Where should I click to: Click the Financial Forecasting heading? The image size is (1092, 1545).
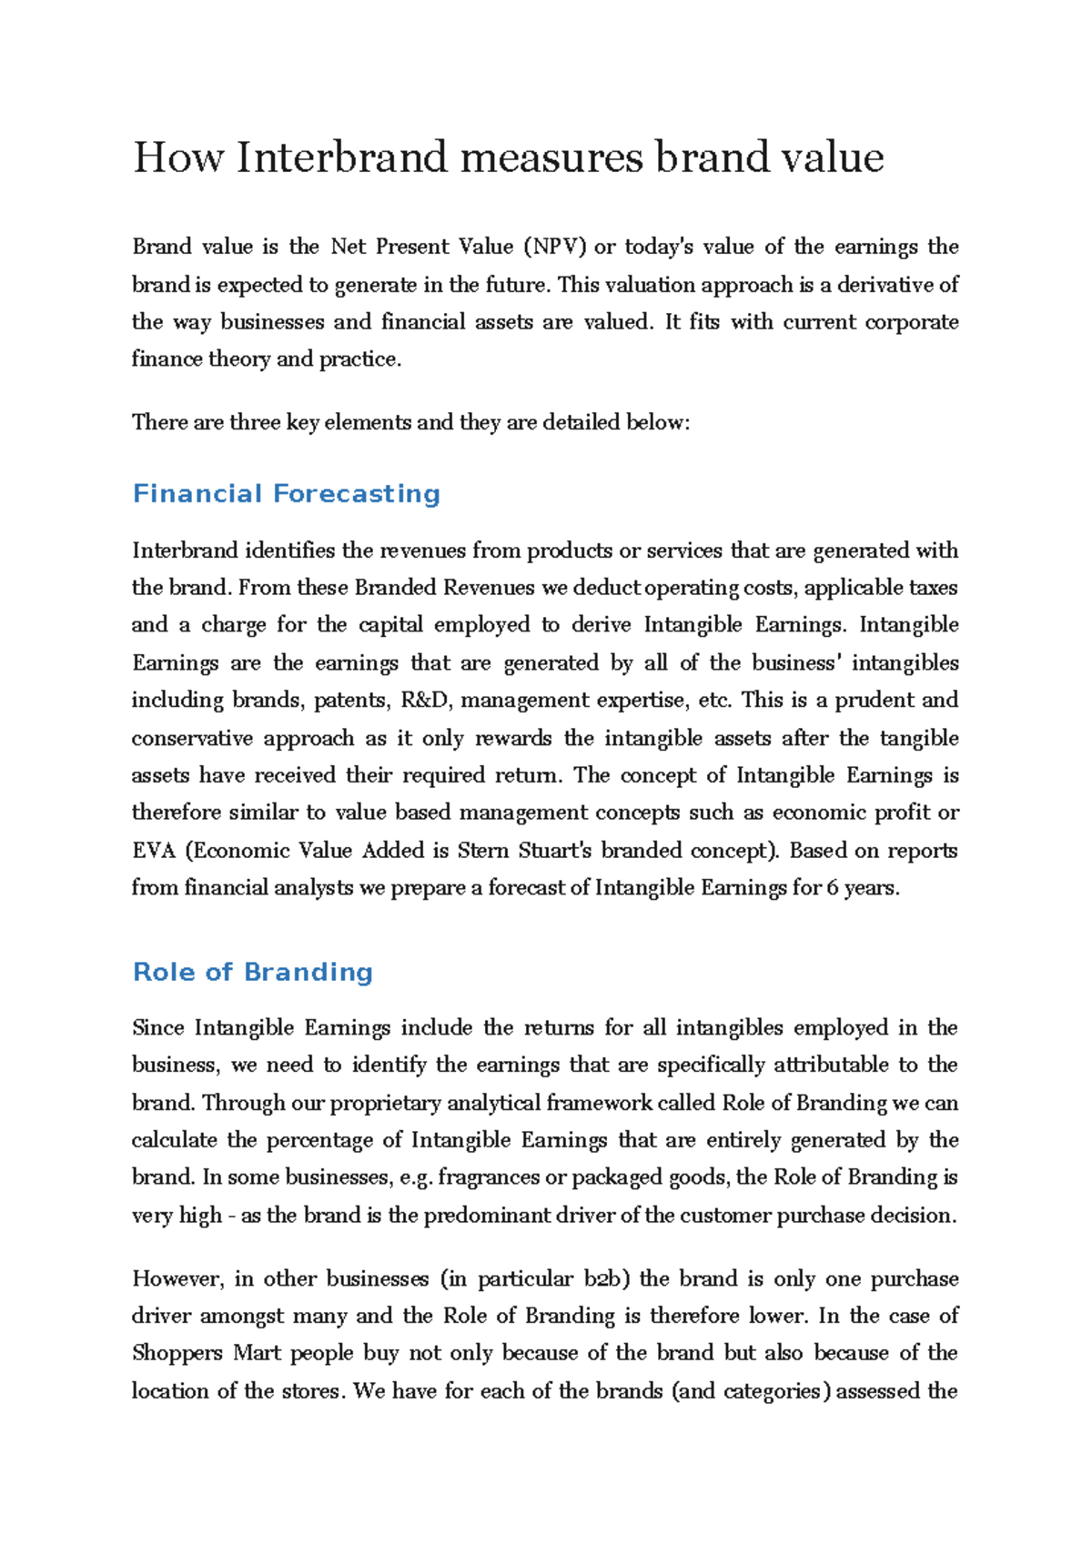click(287, 494)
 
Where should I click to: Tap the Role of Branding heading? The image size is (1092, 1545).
click(253, 972)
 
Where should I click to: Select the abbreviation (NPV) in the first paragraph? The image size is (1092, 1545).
click(555, 247)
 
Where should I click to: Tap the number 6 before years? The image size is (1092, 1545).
click(833, 888)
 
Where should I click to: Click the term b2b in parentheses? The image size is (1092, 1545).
click(602, 1278)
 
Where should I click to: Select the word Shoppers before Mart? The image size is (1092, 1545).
click(177, 1353)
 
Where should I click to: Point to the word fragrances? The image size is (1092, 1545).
click(489, 1177)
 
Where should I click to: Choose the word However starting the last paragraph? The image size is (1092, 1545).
click(177, 1278)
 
